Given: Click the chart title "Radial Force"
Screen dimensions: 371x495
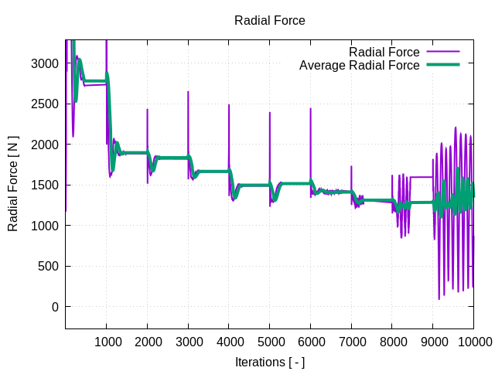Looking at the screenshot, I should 270,21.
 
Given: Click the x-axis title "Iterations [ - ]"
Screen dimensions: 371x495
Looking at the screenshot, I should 270,362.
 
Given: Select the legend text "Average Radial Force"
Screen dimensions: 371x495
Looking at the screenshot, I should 359,66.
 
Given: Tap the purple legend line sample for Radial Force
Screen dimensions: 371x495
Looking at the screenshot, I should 443,53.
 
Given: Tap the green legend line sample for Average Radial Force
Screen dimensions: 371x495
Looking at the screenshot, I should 443,66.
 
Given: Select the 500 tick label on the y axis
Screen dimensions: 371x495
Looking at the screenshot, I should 48,267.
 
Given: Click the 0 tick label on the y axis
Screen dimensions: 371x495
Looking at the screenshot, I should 55,307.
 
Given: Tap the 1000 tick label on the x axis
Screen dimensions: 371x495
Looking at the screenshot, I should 107,342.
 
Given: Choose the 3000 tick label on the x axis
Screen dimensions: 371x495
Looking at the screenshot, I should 188,342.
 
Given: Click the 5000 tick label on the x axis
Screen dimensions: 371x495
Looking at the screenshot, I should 270,342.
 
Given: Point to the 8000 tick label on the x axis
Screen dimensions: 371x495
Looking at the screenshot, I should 392,342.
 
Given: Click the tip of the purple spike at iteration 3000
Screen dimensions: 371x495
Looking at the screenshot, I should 188,92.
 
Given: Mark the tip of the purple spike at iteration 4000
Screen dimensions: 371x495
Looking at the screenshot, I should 229,105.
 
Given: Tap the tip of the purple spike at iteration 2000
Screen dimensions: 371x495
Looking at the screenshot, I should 147,109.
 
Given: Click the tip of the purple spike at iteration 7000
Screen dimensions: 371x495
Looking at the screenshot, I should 351,166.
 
